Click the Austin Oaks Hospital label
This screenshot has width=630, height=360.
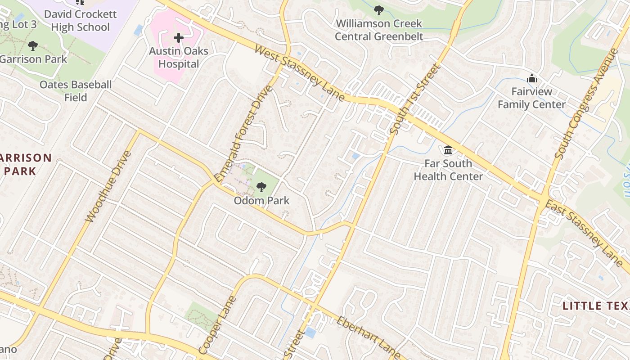pos(179,58)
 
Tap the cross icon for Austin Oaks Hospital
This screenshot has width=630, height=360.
pos(179,38)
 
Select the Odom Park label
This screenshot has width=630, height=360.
pos(261,201)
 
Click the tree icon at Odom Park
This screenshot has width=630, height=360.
pos(261,187)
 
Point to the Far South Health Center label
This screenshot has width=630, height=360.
pos(448,170)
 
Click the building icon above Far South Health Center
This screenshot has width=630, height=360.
pos(448,150)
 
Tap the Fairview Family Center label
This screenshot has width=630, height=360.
pos(531,98)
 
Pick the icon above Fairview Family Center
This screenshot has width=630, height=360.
pos(532,78)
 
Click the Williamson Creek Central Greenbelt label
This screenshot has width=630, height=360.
pos(379,30)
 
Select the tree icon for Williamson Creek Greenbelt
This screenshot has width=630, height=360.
pos(379,10)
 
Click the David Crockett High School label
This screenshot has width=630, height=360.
pos(80,21)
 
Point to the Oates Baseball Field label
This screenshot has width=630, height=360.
pos(76,91)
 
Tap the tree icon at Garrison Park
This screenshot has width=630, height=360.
pos(32,45)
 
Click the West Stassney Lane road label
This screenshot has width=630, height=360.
pos(299,73)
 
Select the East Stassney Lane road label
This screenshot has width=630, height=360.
pos(584,234)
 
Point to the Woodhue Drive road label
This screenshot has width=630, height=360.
pos(108,186)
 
